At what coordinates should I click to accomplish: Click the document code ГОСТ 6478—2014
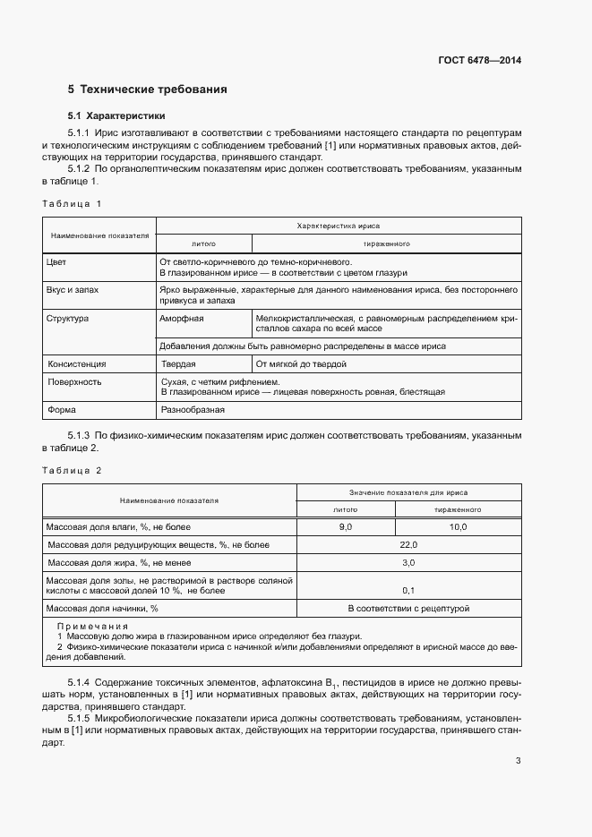479,60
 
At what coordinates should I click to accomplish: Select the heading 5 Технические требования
148,90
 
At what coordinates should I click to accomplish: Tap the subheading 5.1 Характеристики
116,116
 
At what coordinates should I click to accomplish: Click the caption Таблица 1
73,204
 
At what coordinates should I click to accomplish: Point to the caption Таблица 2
73,470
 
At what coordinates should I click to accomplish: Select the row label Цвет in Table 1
56,262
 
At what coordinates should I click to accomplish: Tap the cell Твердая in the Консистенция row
178,364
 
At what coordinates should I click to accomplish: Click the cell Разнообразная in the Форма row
193,410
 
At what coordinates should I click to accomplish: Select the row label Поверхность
75,381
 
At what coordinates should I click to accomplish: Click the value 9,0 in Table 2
346,527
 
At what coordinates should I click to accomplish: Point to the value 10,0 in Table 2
458,527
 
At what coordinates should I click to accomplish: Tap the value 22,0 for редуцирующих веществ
408,544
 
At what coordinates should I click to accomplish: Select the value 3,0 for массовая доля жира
408,562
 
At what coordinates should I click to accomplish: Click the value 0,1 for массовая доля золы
408,590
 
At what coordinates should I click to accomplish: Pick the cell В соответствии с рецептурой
408,609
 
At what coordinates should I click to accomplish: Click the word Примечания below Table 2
92,626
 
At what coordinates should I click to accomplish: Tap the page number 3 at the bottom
518,762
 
